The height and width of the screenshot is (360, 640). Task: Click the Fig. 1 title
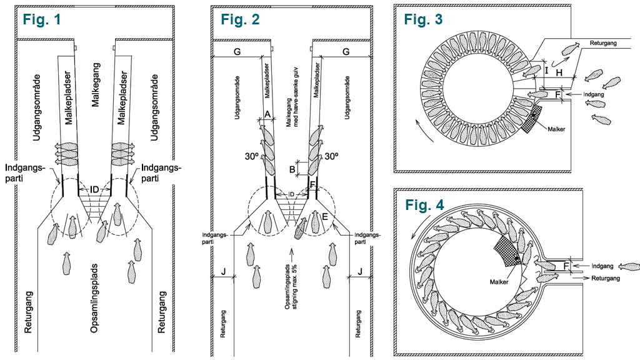coord(42,19)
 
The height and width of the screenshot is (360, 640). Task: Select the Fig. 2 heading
coord(240,18)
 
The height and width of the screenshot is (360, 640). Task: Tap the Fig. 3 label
coord(423,19)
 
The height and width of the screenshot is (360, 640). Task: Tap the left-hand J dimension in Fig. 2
coord(223,271)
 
